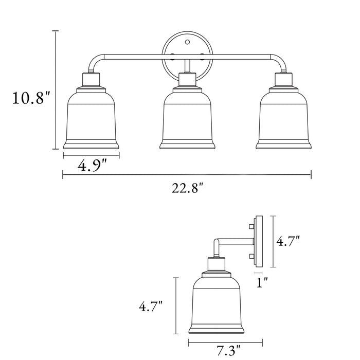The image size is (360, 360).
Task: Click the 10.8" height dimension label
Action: point(31,98)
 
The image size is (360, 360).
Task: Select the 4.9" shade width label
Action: point(92,166)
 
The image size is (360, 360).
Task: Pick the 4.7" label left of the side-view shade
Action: point(151,307)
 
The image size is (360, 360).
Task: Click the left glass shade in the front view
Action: point(91,121)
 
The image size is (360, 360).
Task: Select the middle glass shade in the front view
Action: point(187,121)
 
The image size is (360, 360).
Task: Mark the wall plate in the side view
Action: point(259,241)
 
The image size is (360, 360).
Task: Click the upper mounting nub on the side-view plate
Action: point(251,226)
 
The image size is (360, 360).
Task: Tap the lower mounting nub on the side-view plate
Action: point(251,256)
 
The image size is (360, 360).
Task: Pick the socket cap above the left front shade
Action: point(91,80)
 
